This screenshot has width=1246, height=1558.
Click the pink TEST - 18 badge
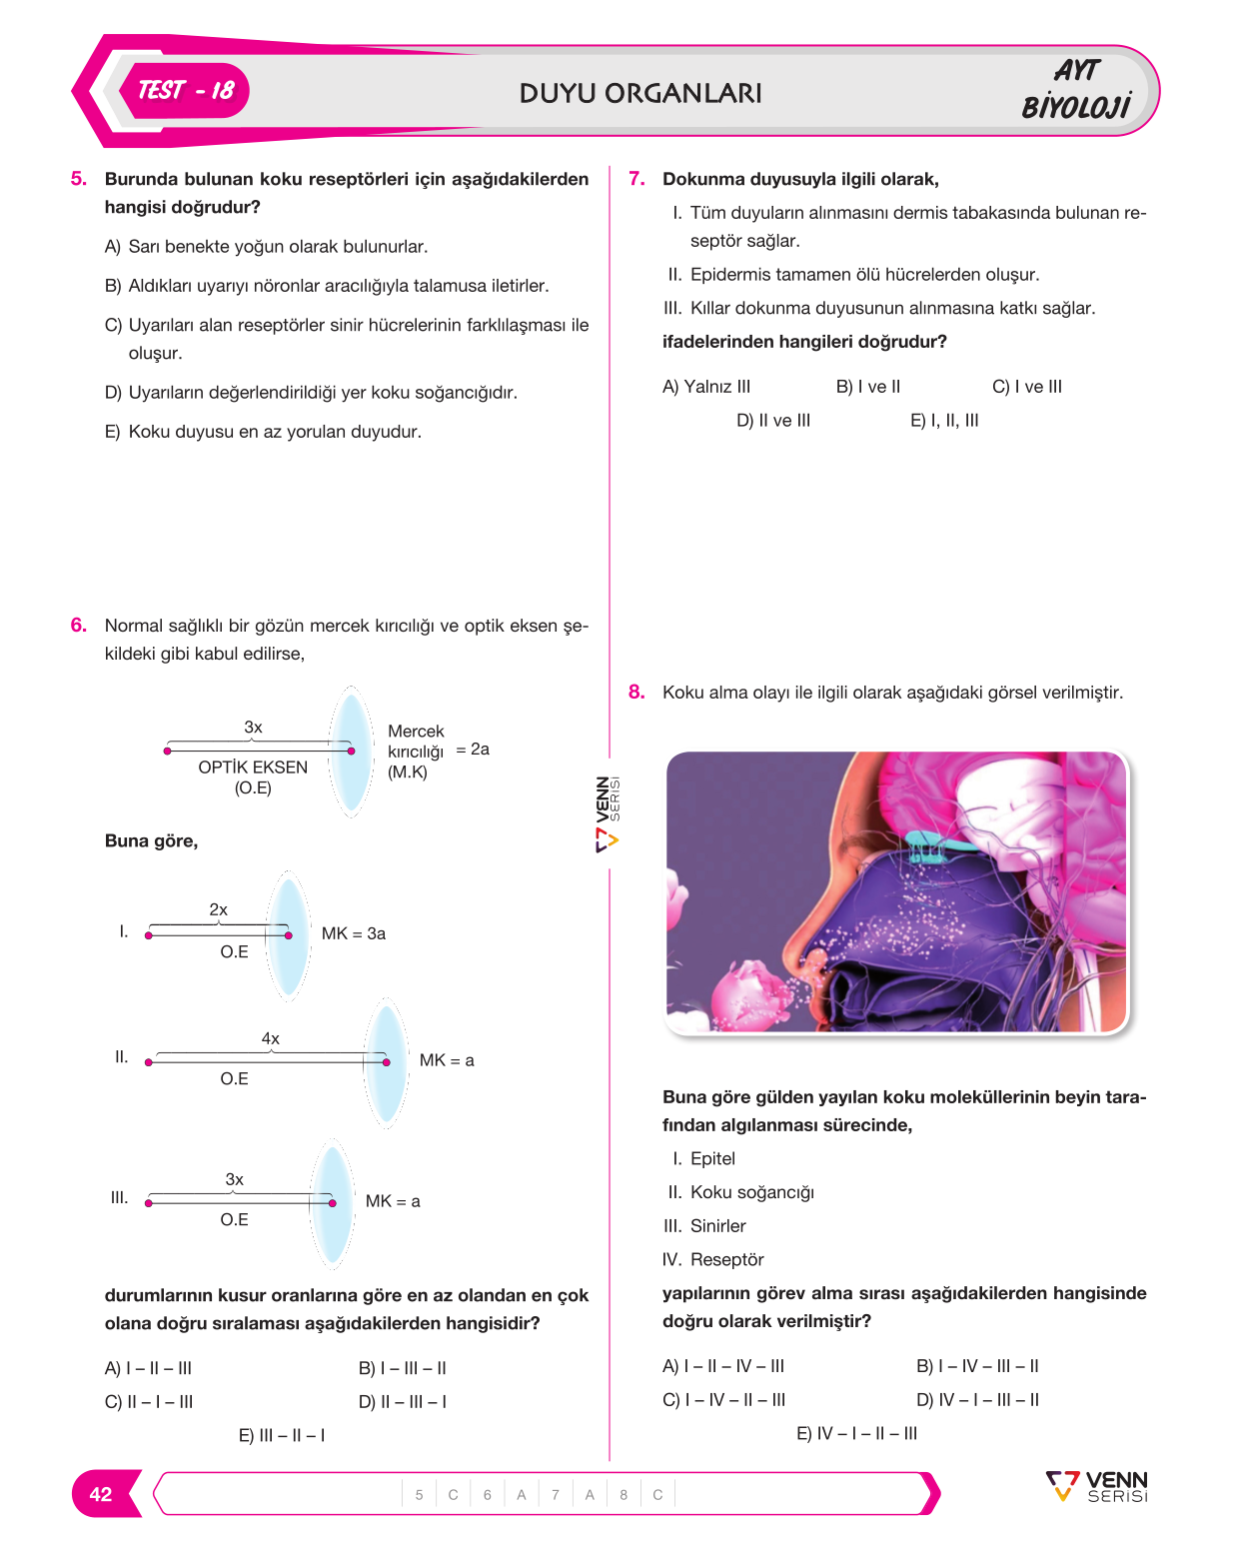point(184,91)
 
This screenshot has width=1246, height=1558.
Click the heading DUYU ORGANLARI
point(640,93)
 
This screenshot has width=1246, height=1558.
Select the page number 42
point(101,1494)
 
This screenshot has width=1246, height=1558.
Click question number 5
point(78,178)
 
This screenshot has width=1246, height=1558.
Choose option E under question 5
point(263,432)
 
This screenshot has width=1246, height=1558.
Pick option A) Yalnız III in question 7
point(705,387)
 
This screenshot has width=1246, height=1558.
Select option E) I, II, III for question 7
point(944,420)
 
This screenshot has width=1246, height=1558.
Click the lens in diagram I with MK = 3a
point(288,936)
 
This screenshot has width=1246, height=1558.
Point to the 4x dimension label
point(270,1038)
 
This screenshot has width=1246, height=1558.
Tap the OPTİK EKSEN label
point(253,767)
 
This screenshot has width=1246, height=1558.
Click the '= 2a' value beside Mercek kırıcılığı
point(473,749)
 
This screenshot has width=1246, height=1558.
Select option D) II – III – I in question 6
point(403,1402)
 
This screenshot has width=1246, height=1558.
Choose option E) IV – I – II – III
point(856,1433)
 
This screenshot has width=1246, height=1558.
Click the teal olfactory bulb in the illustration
point(938,844)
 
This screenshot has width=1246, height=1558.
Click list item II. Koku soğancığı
point(740,1191)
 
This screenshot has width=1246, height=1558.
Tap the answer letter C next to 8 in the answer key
point(657,1494)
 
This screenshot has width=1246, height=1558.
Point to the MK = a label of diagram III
point(393,1201)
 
